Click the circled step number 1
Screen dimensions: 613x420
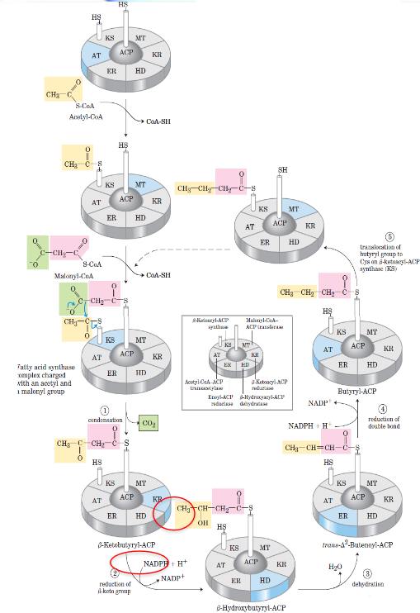click(x=105, y=410)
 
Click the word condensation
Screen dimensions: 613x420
click(x=105, y=421)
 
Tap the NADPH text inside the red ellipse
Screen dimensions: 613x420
click(x=157, y=564)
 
